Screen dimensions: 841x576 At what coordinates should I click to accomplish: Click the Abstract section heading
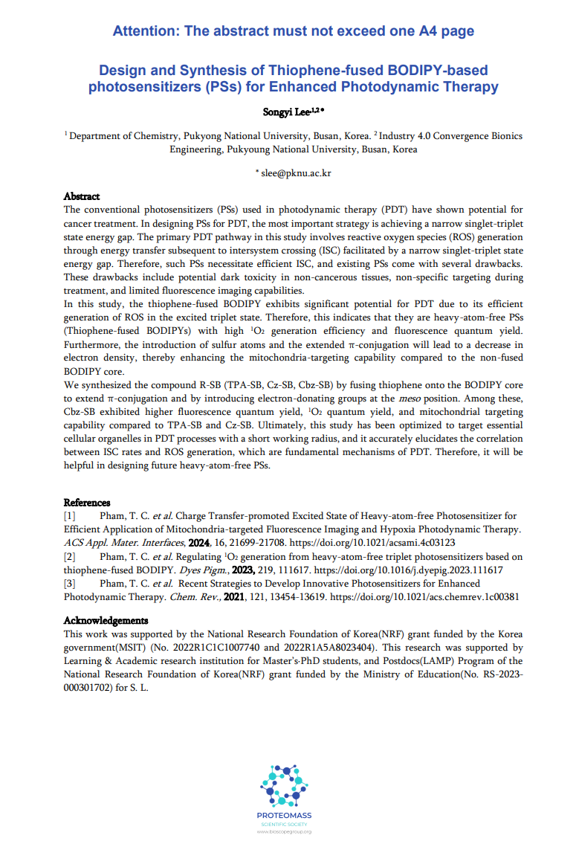coord(82,196)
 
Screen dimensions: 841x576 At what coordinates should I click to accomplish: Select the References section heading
coord(87,503)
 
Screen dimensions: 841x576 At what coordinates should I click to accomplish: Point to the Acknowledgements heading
coord(106,620)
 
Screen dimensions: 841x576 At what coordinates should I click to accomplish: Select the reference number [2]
coord(70,557)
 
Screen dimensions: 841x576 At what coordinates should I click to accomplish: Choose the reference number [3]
coord(70,584)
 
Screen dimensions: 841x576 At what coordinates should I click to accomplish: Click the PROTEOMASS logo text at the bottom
coord(285,816)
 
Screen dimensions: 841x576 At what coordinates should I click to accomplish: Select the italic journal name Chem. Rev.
coord(192,596)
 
